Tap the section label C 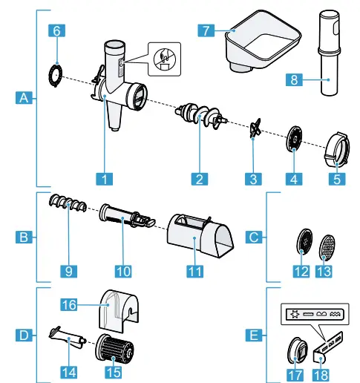click(x=255, y=238)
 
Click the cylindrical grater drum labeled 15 click(x=114, y=349)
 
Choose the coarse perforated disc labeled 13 click(x=326, y=243)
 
